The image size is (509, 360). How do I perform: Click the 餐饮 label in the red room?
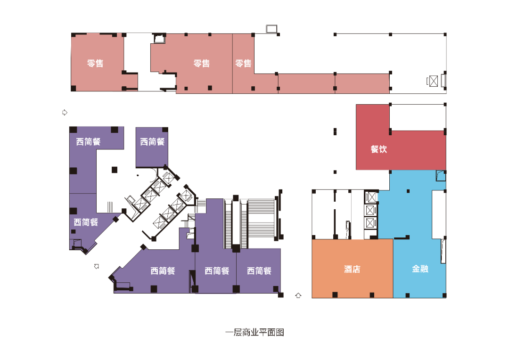(x=378, y=149)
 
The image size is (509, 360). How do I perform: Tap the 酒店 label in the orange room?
(x=352, y=269)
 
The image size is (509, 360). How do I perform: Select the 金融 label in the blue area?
(x=420, y=269)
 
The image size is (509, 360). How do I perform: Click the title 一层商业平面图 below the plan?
(x=254, y=332)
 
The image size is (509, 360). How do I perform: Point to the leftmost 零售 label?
(x=95, y=63)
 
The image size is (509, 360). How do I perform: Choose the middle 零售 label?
(x=202, y=63)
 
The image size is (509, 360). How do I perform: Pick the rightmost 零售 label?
(x=243, y=63)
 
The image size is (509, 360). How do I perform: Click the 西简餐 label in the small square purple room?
(x=152, y=141)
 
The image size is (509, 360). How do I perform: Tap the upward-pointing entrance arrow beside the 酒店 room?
(x=298, y=295)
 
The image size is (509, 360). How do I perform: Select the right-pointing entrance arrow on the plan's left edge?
(x=65, y=112)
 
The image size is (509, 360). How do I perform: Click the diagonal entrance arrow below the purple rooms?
(x=97, y=266)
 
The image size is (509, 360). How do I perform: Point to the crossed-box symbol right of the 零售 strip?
(x=434, y=81)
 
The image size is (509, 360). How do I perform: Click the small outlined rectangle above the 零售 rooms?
(x=271, y=29)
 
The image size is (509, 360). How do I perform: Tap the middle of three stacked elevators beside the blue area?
(x=370, y=210)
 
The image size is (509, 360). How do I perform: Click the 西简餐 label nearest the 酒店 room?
(x=259, y=270)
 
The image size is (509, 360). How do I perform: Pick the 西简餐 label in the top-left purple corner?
(x=88, y=141)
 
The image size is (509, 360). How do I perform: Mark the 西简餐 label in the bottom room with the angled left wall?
(x=163, y=270)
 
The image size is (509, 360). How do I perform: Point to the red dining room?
(x=401, y=150)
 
